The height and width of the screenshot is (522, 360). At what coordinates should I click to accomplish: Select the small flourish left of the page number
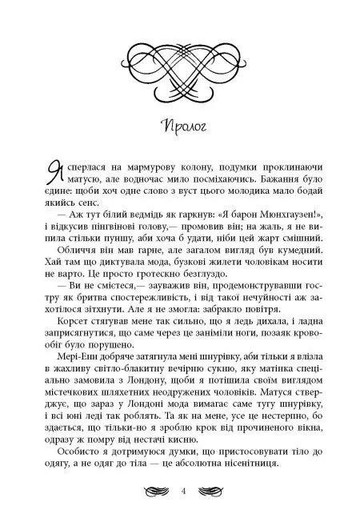(150, 492)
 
